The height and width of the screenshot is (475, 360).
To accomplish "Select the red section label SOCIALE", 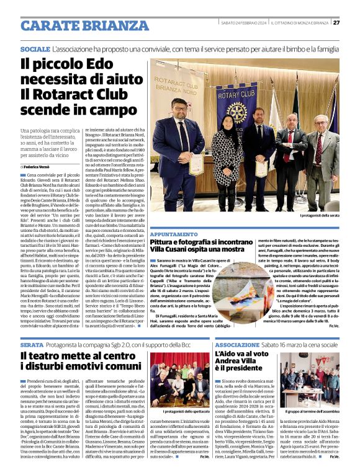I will click(x=35, y=48).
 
